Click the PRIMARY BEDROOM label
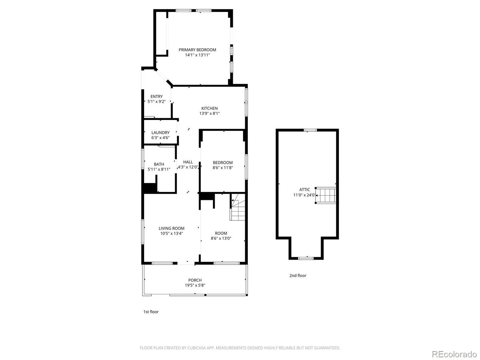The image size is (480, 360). point(197,50)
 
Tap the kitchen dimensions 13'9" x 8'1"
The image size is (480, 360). point(209,114)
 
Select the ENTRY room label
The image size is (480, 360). point(156,96)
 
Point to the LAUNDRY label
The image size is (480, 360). point(160,132)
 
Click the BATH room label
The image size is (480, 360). point(159,164)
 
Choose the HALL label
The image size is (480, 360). point(188,162)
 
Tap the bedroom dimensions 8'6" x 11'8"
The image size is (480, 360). point(223,168)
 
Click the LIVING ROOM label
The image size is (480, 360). point(171,228)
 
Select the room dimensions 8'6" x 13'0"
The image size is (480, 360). point(221,238)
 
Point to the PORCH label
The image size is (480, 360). point(195,280)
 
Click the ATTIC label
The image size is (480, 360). point(304,189)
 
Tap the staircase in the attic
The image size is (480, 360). point(325,195)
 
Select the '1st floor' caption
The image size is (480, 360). point(151,312)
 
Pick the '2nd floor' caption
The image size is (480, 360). point(298,275)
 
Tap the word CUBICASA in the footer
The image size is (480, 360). point(197,348)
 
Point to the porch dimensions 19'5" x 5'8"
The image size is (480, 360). point(195,285)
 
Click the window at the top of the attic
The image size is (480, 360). point(310,130)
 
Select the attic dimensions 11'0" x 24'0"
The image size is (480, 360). point(304,195)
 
